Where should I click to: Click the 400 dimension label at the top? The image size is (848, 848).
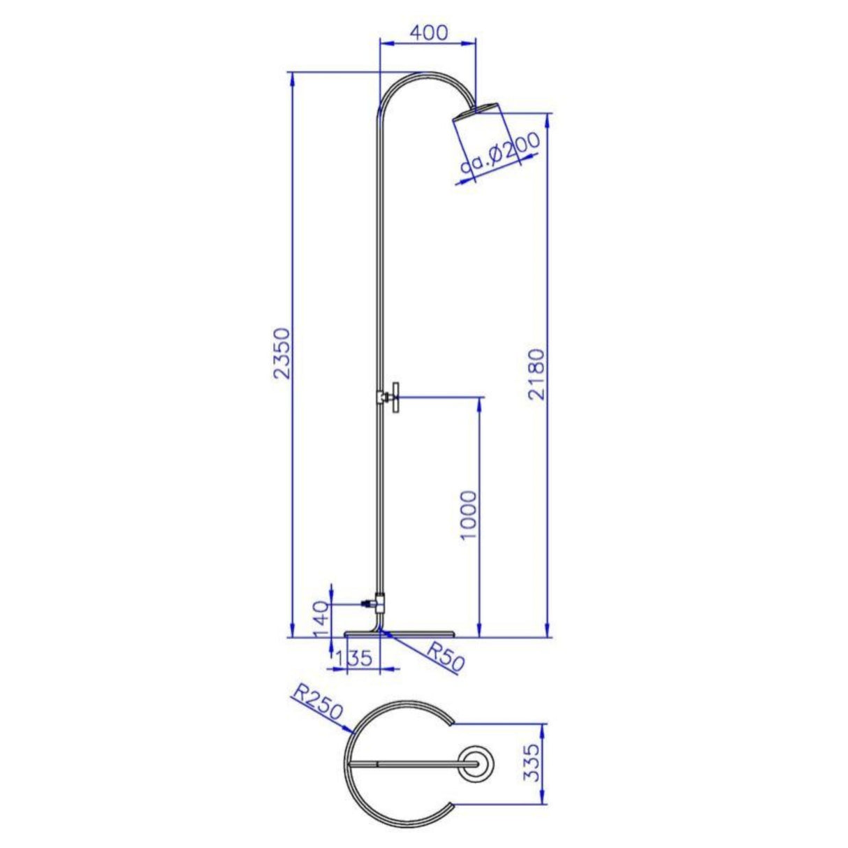point(428,32)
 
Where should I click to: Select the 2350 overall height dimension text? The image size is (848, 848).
point(279,353)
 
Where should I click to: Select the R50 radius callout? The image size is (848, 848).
point(444,657)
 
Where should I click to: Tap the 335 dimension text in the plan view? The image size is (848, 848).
point(532,763)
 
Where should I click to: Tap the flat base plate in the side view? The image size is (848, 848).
point(400,634)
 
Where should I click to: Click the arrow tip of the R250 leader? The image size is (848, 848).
point(353,733)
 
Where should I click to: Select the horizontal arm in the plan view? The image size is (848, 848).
point(412,764)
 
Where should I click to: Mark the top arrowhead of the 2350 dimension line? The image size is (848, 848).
point(291,78)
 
